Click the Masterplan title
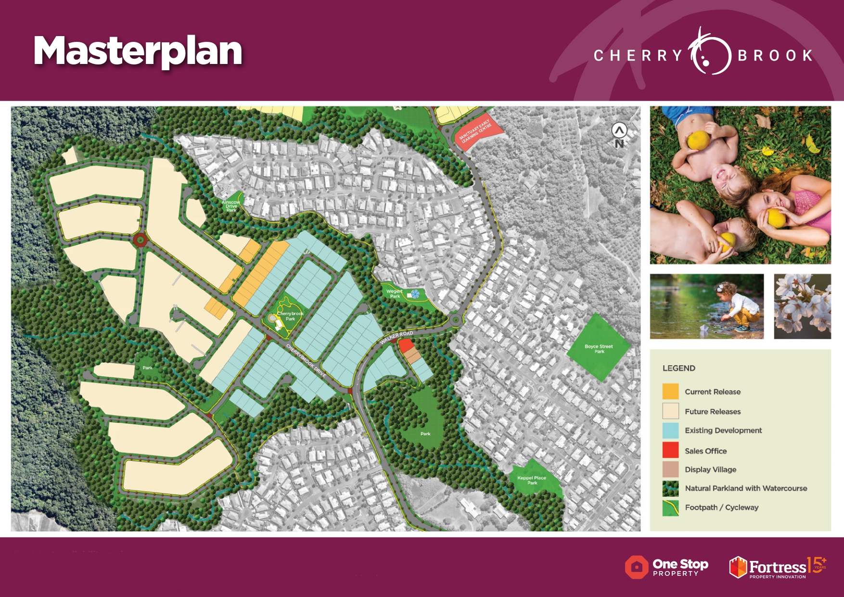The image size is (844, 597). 138,51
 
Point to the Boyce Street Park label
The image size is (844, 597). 599,348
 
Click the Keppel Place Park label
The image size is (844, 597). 532,480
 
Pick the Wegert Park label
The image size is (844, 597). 395,293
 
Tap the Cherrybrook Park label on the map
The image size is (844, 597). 290,316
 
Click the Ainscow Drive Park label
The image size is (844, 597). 231,206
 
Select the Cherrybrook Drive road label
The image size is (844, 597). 306,360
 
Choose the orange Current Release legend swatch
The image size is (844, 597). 670,392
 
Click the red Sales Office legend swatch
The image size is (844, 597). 670,450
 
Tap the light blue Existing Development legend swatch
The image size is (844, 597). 670,431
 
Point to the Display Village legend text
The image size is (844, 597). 710,470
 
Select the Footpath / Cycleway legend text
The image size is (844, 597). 721,507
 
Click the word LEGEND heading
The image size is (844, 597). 678,368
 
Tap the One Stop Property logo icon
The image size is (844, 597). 636,567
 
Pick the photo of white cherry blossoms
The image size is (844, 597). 802,306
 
